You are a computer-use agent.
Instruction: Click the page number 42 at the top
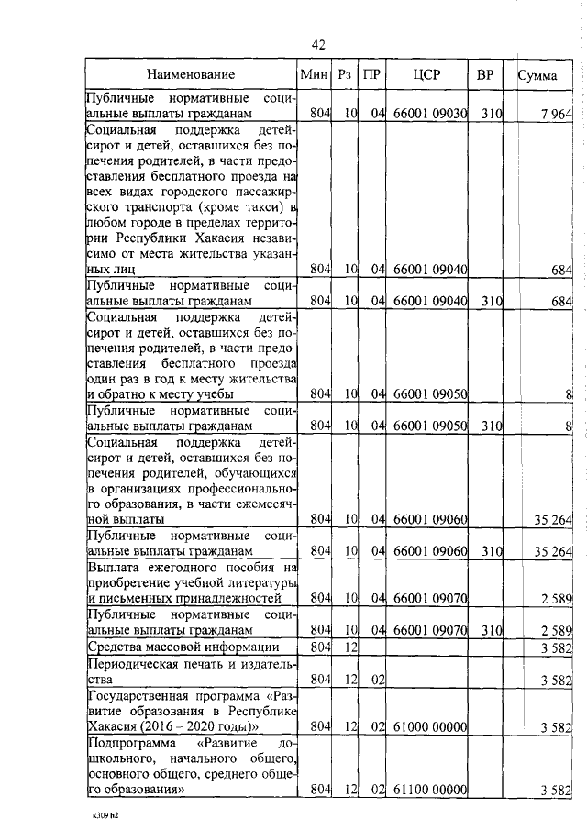click(318, 45)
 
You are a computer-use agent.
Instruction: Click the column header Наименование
click(191, 74)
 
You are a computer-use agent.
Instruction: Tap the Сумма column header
click(537, 75)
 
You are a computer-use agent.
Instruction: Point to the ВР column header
click(485, 74)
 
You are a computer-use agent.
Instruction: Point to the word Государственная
click(141, 695)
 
